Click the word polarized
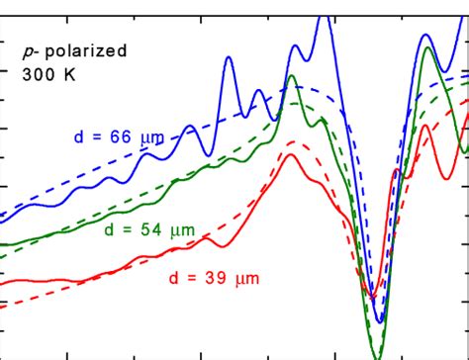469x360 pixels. [91, 51]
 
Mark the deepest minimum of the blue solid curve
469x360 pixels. [378, 321]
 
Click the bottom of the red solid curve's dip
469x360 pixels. [371, 296]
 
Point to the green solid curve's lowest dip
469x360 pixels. [376, 354]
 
